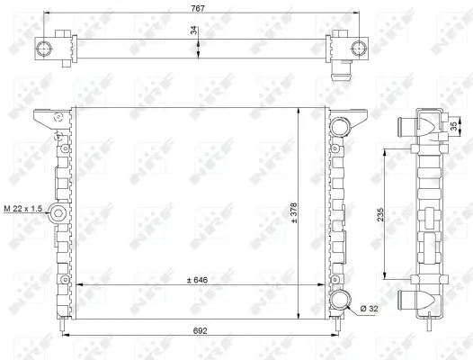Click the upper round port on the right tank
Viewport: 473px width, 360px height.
(x=341, y=127)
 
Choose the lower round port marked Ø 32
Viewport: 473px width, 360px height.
(x=341, y=301)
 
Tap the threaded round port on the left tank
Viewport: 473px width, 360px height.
(x=56, y=214)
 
